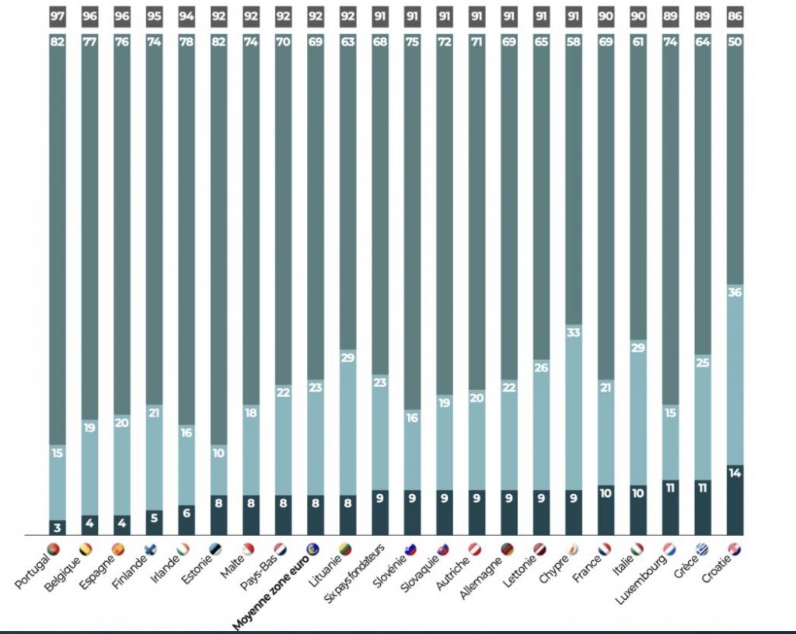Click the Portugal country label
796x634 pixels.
pyautogui.click(x=36, y=570)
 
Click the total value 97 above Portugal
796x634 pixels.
pyautogui.click(x=58, y=15)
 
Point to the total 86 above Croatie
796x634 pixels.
pyautogui.click(x=735, y=15)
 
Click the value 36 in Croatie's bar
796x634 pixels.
pyautogui.click(x=735, y=293)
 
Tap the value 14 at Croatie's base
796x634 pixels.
pyautogui.click(x=735, y=472)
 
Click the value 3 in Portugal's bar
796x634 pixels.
pyautogui.click(x=58, y=528)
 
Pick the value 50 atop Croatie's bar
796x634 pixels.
pyautogui.click(x=735, y=42)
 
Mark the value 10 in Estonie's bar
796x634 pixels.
pyautogui.click(x=218, y=452)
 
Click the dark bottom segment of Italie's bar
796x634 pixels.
pyautogui.click(x=637, y=510)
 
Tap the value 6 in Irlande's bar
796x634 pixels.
pyautogui.click(x=187, y=512)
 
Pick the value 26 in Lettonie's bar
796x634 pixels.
pyautogui.click(x=540, y=368)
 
